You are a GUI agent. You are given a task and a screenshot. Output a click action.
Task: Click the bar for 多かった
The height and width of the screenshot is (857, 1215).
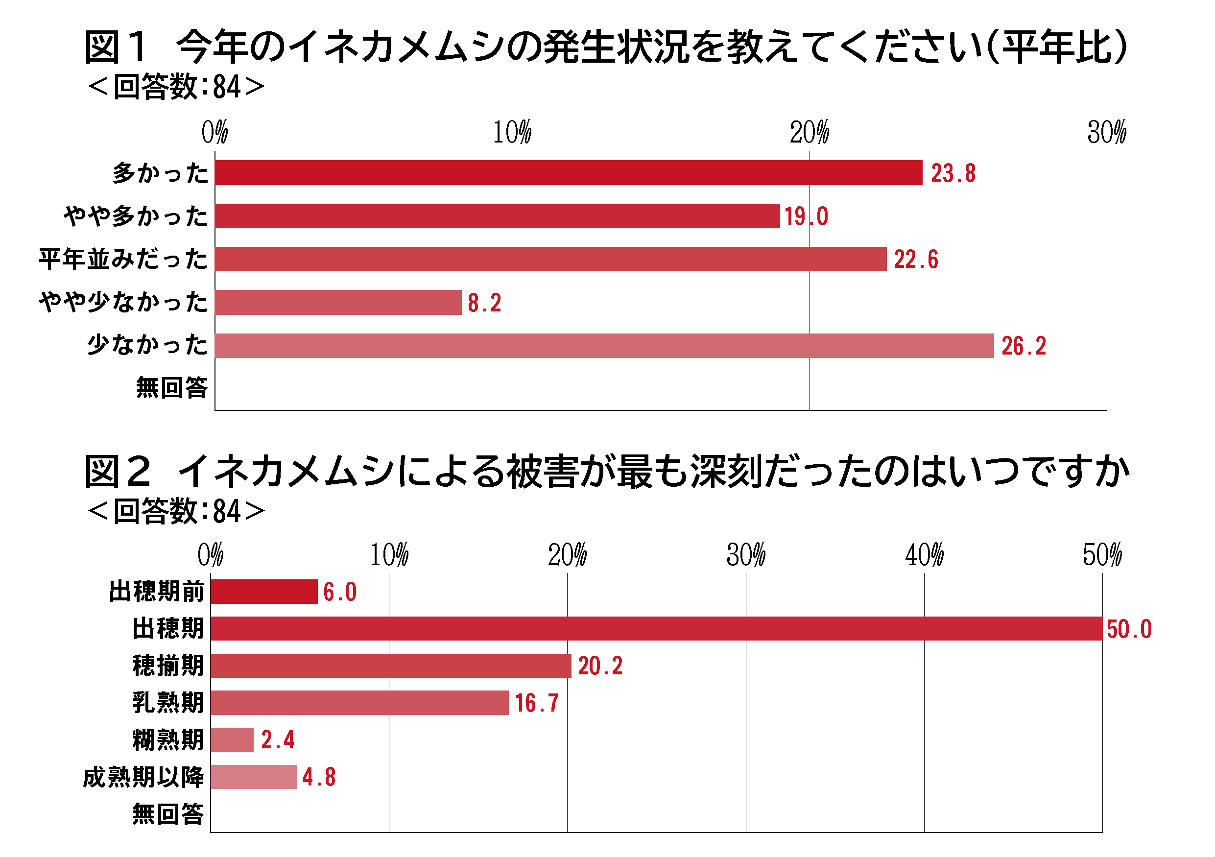(569, 173)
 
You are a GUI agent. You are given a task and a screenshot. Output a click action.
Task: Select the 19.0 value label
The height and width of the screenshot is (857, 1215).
(806, 216)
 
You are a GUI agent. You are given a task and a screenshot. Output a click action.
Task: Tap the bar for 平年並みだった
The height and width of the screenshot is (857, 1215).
(550, 259)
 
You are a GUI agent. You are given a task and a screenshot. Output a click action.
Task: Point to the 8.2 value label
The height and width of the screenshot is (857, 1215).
(484, 303)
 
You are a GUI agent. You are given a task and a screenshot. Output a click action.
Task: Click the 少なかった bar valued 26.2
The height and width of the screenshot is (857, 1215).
(604, 346)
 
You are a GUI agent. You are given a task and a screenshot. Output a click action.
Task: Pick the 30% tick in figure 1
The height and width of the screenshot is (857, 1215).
(1106, 132)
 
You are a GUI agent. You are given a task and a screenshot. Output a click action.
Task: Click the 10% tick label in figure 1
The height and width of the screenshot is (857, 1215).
(512, 132)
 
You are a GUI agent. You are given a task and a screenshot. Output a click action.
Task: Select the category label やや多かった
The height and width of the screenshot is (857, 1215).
(136, 216)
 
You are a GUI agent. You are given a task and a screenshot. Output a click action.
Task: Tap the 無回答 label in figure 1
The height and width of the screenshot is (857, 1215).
(171, 388)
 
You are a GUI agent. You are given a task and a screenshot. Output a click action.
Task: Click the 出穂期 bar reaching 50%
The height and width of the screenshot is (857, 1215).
(656, 628)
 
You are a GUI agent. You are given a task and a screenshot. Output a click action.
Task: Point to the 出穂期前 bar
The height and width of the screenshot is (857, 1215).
(263, 592)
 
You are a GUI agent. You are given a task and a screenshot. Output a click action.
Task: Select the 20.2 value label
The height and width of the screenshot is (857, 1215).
(600, 666)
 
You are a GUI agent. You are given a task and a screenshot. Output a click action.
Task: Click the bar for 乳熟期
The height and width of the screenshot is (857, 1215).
(359, 703)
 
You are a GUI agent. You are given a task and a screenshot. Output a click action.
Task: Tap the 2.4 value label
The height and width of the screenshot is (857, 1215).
(278, 740)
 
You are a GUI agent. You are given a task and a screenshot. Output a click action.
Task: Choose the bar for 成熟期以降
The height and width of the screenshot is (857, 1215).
(254, 777)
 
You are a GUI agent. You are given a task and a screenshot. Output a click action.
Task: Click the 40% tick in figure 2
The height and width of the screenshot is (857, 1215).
(924, 555)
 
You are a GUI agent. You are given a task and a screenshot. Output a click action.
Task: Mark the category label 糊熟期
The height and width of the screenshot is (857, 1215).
(168, 740)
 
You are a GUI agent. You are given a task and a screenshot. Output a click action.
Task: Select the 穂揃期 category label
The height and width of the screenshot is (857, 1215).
(168, 666)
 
